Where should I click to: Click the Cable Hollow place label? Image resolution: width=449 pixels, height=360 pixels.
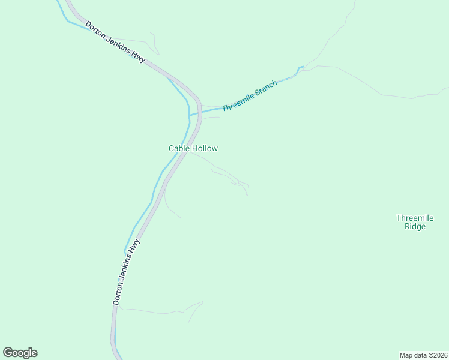click(193, 148)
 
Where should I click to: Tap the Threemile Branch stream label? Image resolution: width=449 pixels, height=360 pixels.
click(249, 96)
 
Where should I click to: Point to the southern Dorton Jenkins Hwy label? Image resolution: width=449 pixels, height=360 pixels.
click(127, 272)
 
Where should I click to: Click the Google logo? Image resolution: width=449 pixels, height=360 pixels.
click(20, 353)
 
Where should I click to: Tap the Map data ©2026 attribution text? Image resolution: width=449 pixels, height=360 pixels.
click(423, 355)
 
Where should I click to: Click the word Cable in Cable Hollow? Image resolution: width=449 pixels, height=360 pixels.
click(179, 148)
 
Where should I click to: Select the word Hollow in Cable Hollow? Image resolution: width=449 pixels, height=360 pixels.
click(205, 148)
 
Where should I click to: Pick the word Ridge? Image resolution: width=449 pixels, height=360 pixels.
click(414, 227)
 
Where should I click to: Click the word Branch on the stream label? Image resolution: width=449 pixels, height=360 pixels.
click(266, 88)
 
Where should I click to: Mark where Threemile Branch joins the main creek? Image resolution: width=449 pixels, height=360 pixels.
click(190, 114)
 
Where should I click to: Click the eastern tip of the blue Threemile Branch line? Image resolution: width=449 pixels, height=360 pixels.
click(304, 67)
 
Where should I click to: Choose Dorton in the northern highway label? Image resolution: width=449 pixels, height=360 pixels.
click(96, 31)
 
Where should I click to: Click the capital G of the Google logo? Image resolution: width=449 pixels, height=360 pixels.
click(8, 353)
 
